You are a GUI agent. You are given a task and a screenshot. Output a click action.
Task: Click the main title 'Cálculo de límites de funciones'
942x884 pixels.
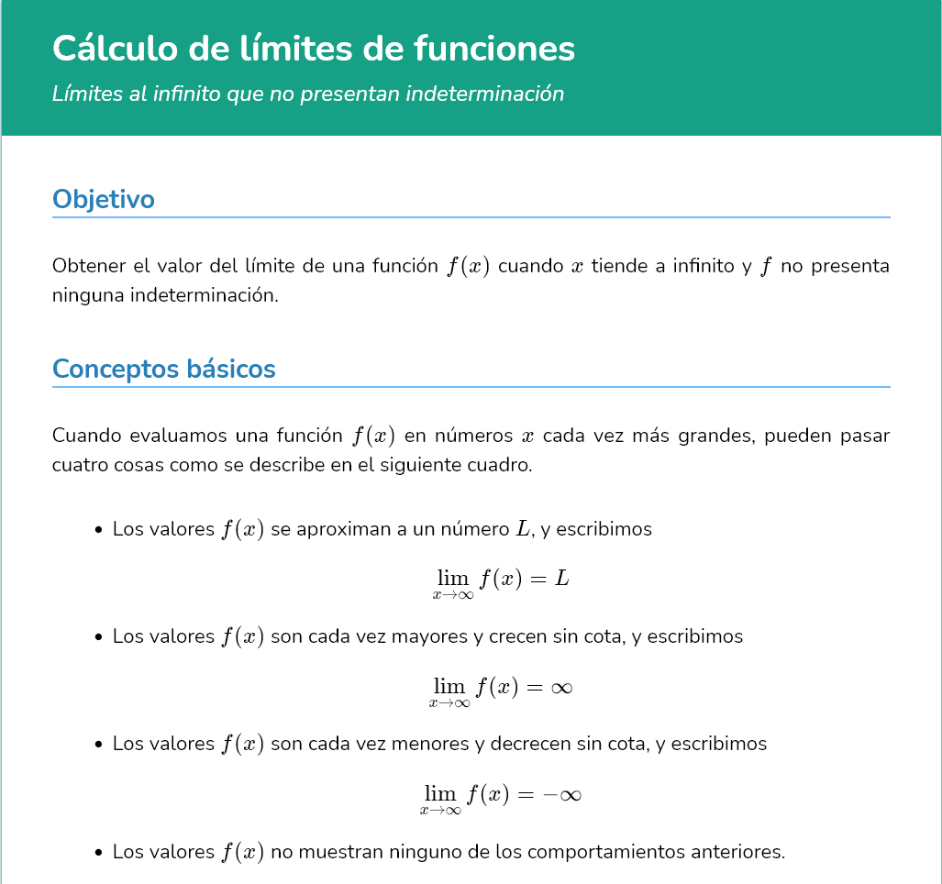tap(314, 49)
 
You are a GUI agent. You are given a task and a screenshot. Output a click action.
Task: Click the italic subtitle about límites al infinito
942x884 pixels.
tap(308, 94)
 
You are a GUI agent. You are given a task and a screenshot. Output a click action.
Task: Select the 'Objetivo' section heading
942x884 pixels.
tap(104, 199)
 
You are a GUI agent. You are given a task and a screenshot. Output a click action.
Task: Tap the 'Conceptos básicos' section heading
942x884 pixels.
tap(164, 369)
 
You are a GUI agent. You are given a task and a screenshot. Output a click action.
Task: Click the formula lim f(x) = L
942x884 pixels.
tap(502, 580)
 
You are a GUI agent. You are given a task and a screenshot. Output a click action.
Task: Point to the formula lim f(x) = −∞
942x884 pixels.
tap(501, 795)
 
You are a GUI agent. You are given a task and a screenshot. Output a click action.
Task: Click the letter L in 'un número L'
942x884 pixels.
tap(524, 529)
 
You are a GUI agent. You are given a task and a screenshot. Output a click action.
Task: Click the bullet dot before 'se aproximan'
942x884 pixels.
tap(98, 530)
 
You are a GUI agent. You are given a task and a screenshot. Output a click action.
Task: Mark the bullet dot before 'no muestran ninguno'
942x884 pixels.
tap(98, 853)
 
